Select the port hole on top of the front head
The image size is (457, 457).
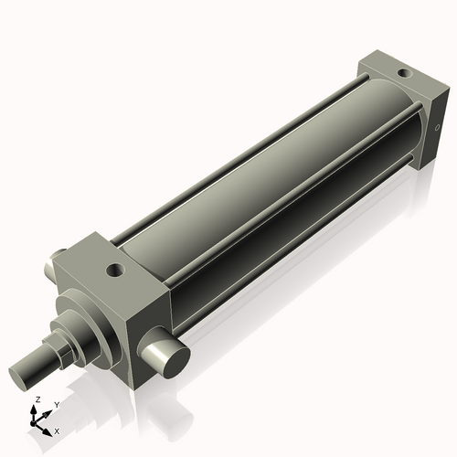coord(115,271)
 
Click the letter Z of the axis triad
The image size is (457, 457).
coord(37,400)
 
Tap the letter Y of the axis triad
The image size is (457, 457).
coord(56,403)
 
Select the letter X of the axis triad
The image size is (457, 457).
coord(57,430)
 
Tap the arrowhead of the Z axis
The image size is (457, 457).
coord(37,409)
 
